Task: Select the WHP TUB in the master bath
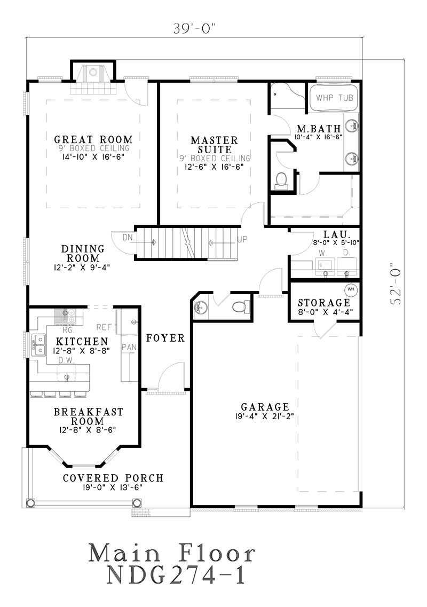pos(334,98)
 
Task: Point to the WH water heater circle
pos(351,289)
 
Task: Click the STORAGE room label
pos(324,303)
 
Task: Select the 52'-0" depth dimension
pos(396,283)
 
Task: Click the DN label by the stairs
pos(128,237)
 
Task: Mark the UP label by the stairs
pos(242,239)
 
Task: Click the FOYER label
pos(165,338)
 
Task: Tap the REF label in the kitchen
pos(104,327)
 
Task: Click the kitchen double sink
pos(38,344)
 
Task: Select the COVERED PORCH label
pos(113,478)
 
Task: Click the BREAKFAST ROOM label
pos(88,416)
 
